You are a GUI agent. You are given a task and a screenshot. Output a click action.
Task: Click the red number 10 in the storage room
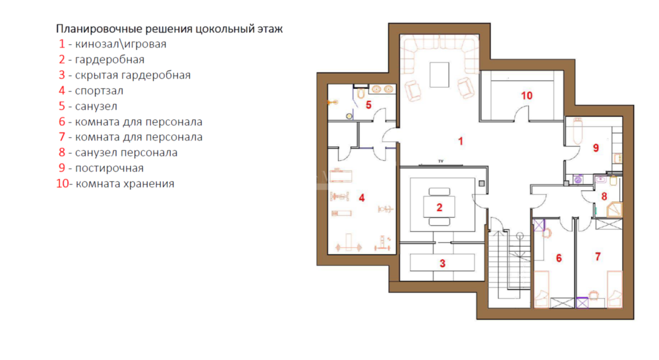(x=527, y=96)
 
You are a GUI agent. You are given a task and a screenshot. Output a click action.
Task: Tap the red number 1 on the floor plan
(x=461, y=141)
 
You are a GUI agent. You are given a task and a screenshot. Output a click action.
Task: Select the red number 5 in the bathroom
(x=368, y=105)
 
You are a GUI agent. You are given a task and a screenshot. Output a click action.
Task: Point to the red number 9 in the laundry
(x=596, y=148)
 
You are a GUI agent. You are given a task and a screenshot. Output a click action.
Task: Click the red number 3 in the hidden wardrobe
(x=442, y=263)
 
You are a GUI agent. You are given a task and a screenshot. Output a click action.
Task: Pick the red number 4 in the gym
(x=361, y=198)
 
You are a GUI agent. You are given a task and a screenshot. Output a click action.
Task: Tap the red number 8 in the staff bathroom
(x=604, y=196)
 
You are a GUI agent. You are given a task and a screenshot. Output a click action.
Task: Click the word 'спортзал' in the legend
(x=100, y=91)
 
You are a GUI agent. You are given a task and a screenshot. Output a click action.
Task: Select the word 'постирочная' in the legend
(x=109, y=168)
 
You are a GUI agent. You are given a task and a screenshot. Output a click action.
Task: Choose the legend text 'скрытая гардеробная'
(x=133, y=75)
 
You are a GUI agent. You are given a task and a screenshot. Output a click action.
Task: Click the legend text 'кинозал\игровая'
(x=121, y=44)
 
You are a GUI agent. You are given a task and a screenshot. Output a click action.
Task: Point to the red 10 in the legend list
(x=62, y=184)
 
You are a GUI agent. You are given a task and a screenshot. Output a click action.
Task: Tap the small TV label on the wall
(x=441, y=161)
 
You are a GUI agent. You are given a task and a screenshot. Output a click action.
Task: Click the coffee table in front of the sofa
(x=439, y=75)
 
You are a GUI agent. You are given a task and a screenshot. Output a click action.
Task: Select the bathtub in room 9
(x=577, y=131)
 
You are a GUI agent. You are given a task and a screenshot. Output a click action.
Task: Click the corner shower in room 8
(x=614, y=210)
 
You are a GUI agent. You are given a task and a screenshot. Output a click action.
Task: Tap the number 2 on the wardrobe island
(x=439, y=207)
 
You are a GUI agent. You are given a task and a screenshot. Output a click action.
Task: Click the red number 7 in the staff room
(x=598, y=256)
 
